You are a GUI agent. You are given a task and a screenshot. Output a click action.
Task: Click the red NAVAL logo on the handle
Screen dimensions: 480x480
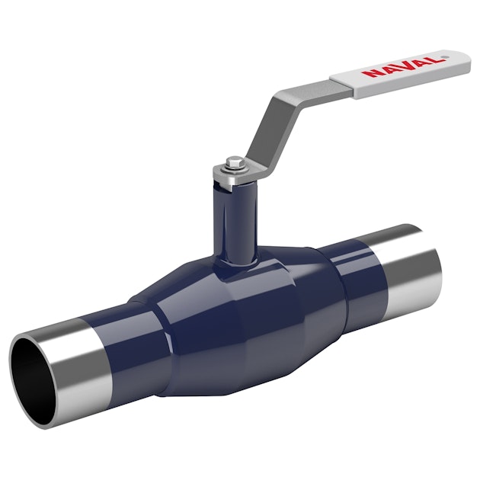pyautogui.click(x=403, y=66)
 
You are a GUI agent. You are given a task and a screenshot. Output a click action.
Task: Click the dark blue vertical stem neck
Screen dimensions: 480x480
pyautogui.click(x=233, y=221)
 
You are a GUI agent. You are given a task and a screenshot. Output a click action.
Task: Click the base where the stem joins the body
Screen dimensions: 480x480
pyautogui.click(x=235, y=263)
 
